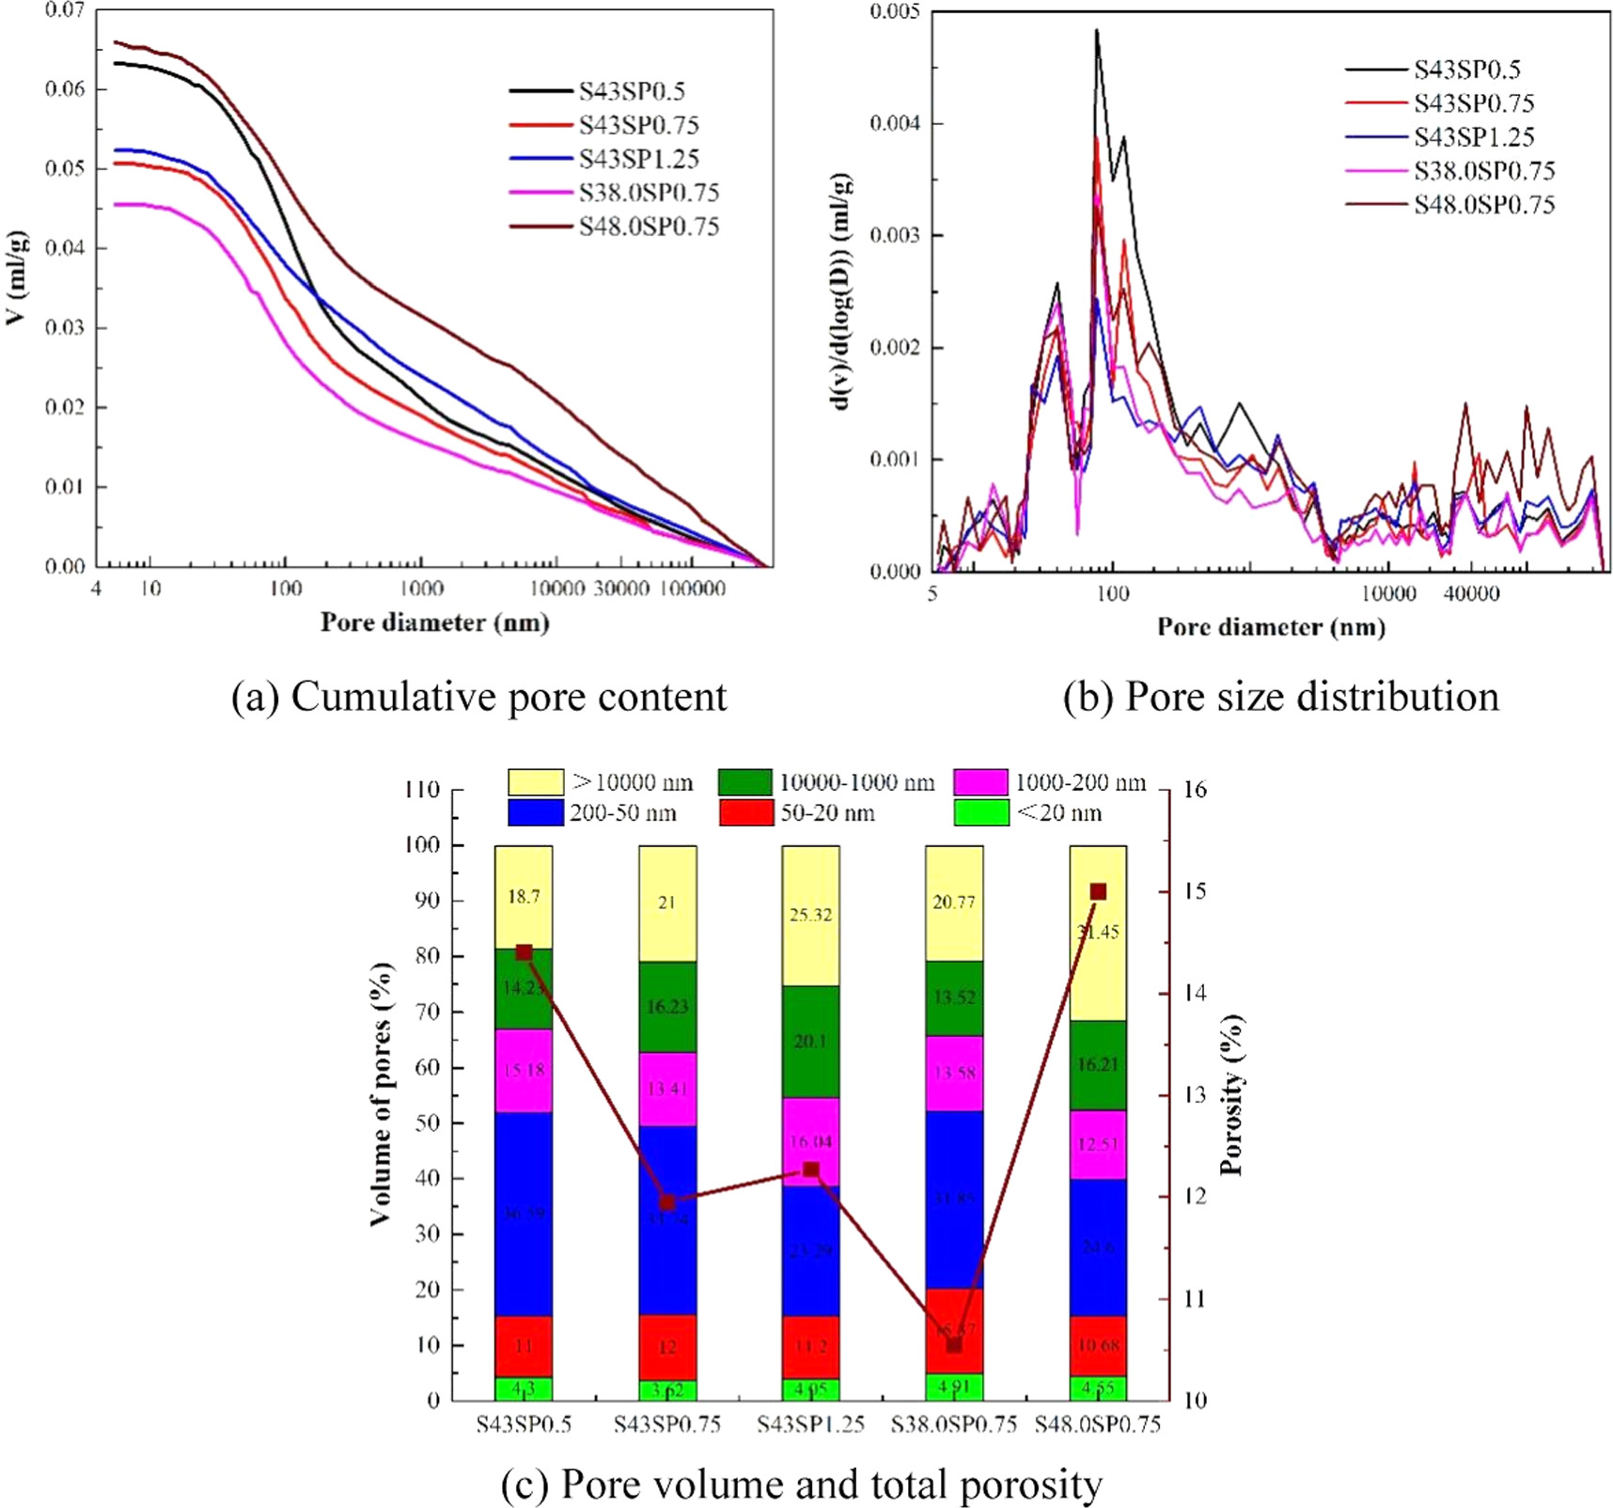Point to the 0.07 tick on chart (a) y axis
pyautogui.click(x=65, y=10)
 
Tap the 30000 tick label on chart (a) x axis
pyautogui.click(x=621, y=589)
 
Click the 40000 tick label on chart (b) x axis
pyautogui.click(x=1471, y=594)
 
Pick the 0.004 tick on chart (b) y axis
pyautogui.click(x=894, y=123)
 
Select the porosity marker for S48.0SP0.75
pyautogui.click(x=1098, y=891)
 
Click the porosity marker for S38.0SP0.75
pyautogui.click(x=954, y=1345)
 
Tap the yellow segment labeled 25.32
pyautogui.click(x=810, y=915)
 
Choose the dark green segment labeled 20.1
pyautogui.click(x=810, y=1041)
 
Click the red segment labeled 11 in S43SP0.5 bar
pyautogui.click(x=524, y=1345)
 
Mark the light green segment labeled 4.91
pyautogui.click(x=954, y=1387)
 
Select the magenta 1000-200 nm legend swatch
pyautogui.click(x=980, y=782)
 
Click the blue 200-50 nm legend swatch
pyautogui.click(x=535, y=813)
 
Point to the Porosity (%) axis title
pyautogui.click(x=1231, y=1094)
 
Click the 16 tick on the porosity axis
pyautogui.click(x=1194, y=790)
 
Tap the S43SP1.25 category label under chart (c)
pyautogui.click(x=810, y=1424)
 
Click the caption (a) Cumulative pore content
pyautogui.click(x=479, y=698)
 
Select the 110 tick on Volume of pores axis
pyautogui.click(x=422, y=790)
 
